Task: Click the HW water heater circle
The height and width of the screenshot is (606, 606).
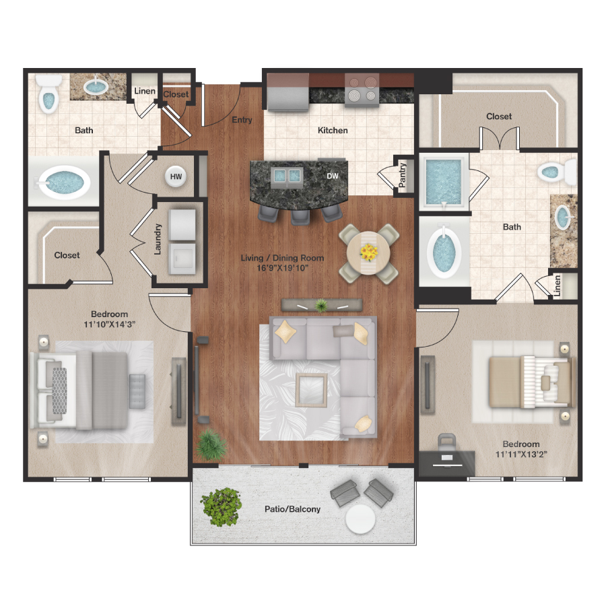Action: coord(176,176)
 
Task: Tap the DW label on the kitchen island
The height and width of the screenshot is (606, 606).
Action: coord(333,176)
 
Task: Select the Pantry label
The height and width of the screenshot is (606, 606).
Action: coord(403,176)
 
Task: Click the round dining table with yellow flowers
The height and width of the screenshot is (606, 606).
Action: coord(369,253)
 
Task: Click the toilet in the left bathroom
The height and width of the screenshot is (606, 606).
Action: coord(48,93)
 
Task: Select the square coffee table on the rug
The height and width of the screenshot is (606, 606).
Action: coord(312,390)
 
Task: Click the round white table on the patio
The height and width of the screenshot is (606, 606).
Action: coord(360,519)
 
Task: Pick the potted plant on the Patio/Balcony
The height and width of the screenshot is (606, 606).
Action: coord(222,506)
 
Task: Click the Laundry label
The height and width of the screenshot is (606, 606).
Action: coord(158,239)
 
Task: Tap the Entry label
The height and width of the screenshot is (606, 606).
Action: coord(242,120)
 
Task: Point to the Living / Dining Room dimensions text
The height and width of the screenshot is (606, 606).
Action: coord(283,268)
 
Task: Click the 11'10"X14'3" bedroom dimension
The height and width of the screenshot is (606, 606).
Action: coord(109,325)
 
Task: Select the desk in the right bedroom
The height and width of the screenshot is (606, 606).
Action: coord(447,463)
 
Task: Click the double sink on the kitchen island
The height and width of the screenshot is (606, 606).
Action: coord(286,176)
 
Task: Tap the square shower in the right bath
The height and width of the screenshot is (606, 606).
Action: coord(444,182)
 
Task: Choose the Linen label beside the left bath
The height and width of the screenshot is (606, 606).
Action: coord(145,91)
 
